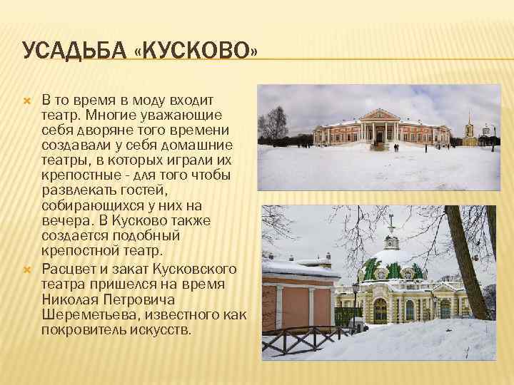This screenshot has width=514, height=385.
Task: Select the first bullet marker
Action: (x=28, y=101)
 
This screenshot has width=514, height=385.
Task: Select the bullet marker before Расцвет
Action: (x=28, y=269)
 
